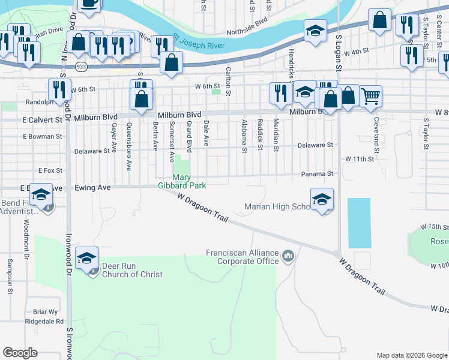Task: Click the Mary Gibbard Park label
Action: coord(189,181)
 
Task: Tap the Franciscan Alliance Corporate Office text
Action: coord(243,257)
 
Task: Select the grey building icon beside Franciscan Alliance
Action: coord(289,257)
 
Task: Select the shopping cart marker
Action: coord(370,95)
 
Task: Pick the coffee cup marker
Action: coord(89,3)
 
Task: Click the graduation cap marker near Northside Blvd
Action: coord(315,31)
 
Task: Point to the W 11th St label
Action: coord(359,159)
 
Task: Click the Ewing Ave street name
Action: coord(92,188)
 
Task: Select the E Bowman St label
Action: coord(43,137)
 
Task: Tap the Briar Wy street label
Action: coord(46,311)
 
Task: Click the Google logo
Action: coord(20,353)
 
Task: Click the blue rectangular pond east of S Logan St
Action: coord(359,223)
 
